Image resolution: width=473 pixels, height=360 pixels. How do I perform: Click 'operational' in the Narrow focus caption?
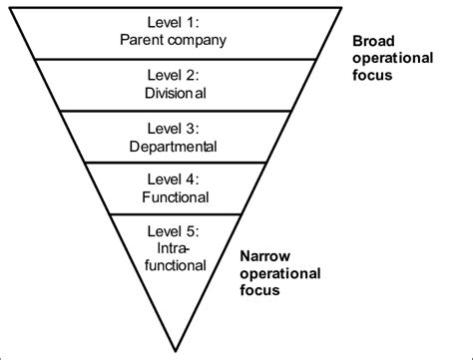[x=280, y=273]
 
